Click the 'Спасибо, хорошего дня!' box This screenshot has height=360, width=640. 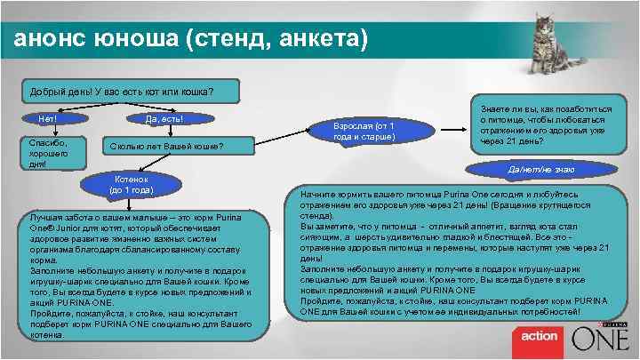point(49,152)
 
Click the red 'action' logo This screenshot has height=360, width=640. point(539,336)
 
